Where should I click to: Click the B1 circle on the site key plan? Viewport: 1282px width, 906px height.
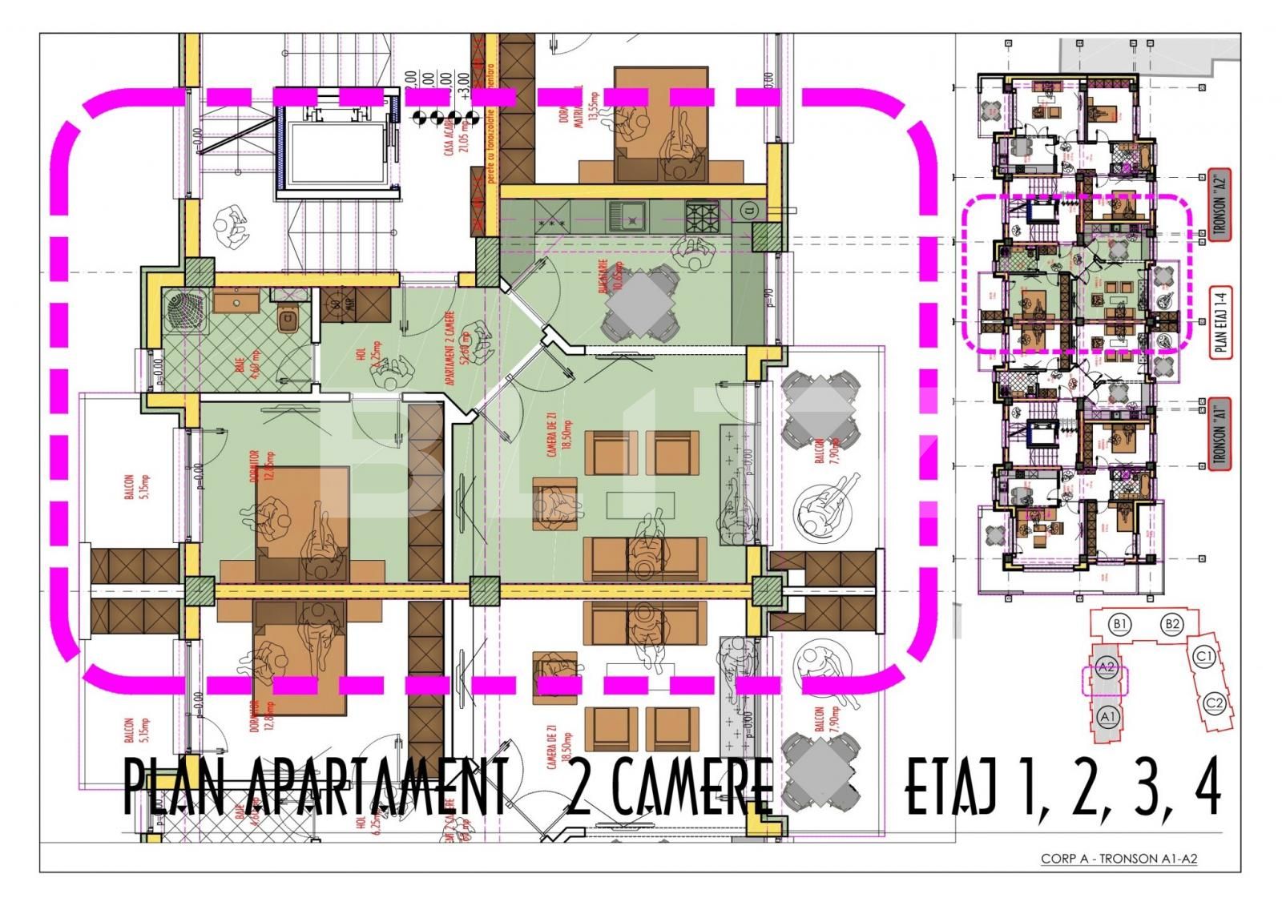point(1120,623)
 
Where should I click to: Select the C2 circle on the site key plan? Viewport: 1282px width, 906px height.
point(1215,703)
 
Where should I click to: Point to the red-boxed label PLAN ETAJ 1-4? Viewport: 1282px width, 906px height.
point(1222,321)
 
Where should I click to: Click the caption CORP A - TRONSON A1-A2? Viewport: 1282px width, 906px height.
point(1119,859)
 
